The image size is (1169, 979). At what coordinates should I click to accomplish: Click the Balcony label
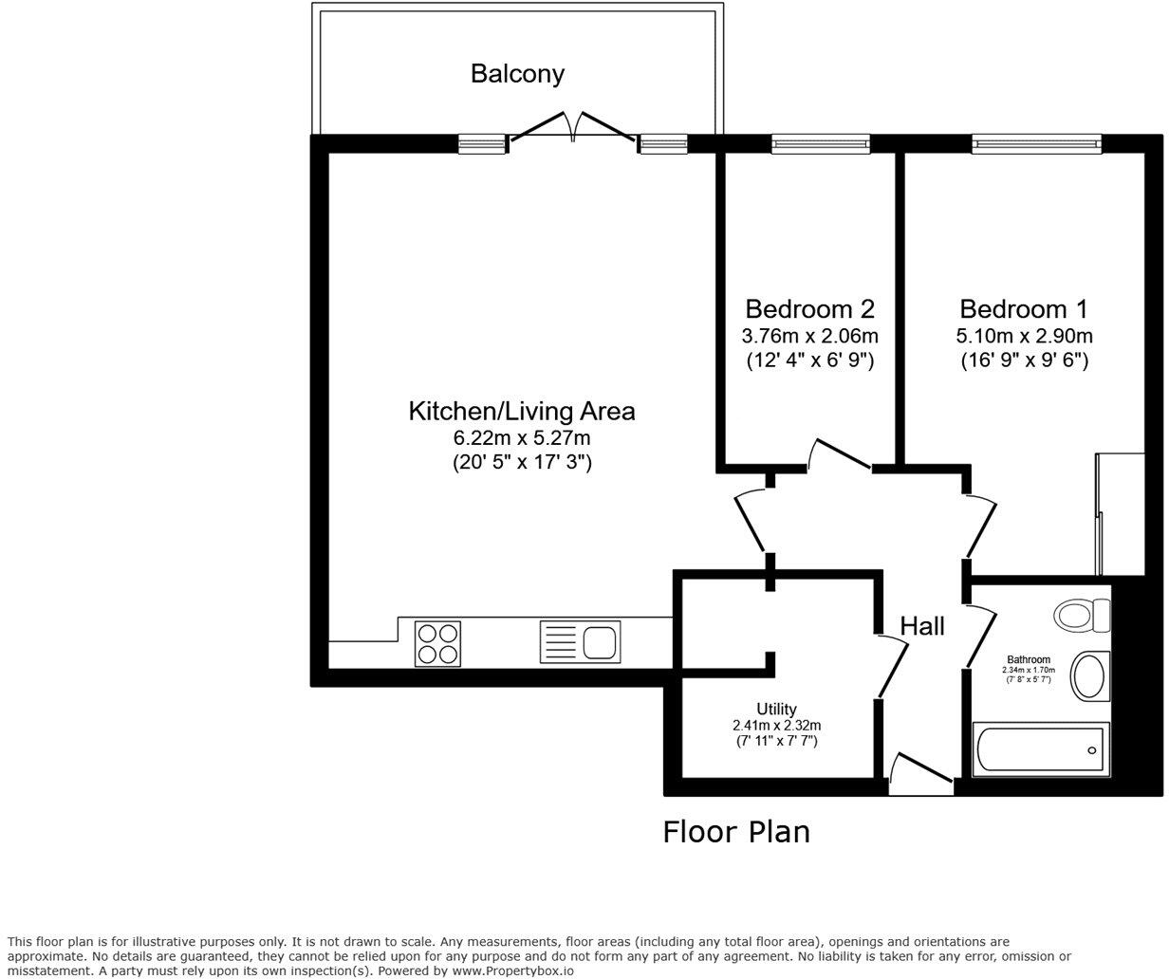(517, 73)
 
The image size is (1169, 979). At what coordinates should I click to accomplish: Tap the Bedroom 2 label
(809, 309)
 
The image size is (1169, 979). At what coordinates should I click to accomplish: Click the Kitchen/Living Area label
(521, 412)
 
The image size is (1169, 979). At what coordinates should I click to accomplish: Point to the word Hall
(922, 626)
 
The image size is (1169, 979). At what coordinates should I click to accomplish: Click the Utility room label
(776, 709)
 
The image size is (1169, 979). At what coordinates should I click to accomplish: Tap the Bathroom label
(1029, 659)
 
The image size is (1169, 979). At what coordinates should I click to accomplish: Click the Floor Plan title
(736, 832)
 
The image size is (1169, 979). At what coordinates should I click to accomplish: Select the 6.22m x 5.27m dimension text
(522, 438)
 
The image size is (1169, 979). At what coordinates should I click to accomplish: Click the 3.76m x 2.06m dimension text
(809, 336)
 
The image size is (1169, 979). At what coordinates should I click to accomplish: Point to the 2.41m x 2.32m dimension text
(776, 725)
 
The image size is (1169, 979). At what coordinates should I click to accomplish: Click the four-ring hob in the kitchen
(438, 642)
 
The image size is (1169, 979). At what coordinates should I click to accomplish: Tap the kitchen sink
(580, 642)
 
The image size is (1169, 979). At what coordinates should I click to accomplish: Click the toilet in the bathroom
(1084, 614)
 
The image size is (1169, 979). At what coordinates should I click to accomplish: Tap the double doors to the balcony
(573, 128)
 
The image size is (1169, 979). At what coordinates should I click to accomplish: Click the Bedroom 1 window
(1036, 144)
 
